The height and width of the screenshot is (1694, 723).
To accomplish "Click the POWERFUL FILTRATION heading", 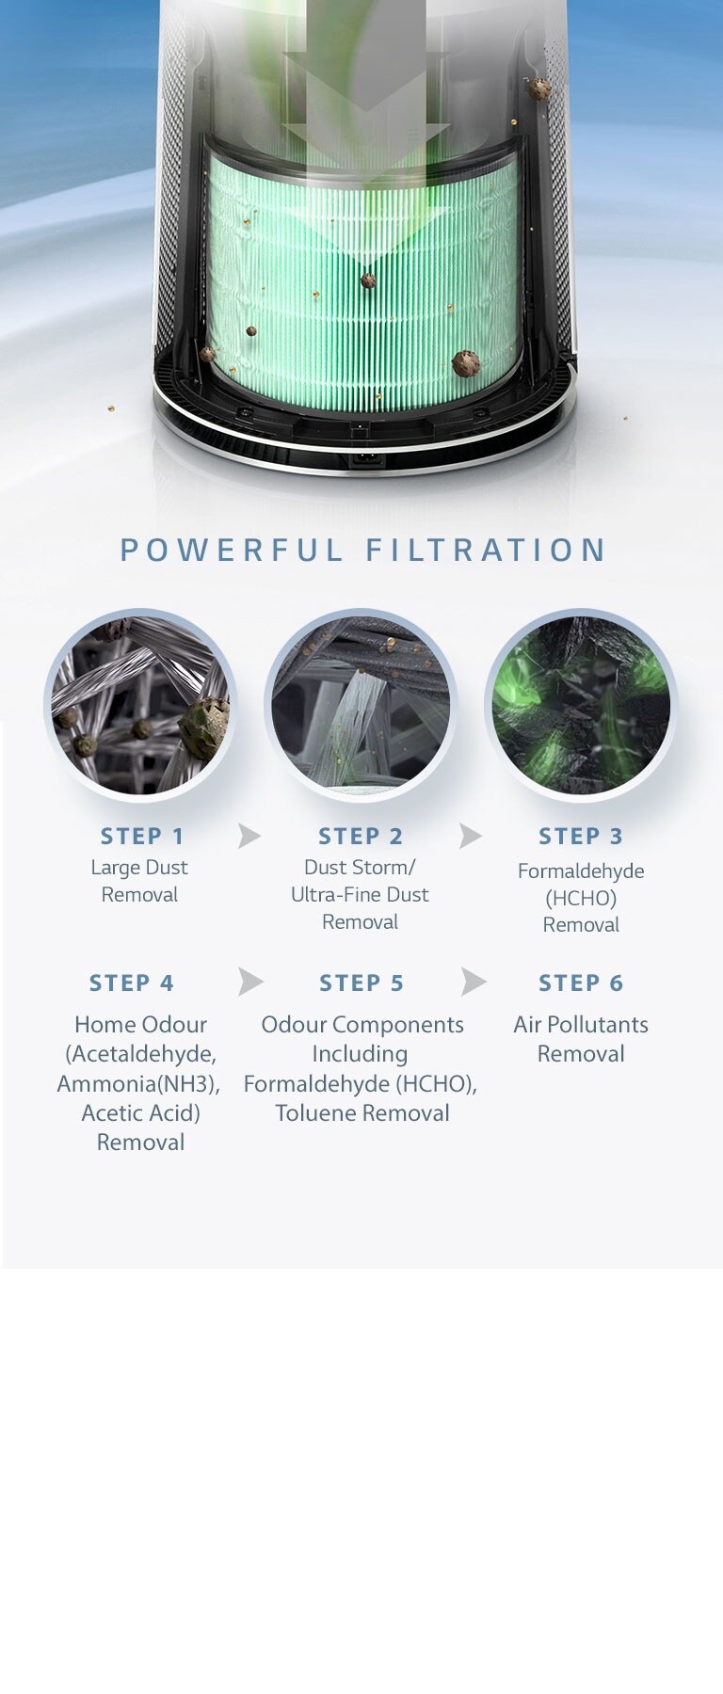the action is point(362,550).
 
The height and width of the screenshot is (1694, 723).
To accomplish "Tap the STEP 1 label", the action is point(142,836).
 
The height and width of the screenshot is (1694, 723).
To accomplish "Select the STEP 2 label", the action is point(361,836).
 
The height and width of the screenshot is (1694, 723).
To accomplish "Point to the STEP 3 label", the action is point(581,836).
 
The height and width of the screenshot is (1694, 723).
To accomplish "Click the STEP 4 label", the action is point(132,983).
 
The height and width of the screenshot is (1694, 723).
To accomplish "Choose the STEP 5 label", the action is point(361,983).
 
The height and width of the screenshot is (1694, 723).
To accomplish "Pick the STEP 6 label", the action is point(581,983).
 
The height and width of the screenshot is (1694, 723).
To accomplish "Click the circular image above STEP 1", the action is point(140,705).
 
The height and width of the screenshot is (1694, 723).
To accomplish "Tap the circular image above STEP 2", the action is point(361,705).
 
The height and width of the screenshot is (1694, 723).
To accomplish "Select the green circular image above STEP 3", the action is point(581,705).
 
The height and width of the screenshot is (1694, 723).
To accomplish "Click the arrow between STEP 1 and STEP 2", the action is point(249,836).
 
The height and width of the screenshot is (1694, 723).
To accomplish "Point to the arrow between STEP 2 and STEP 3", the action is point(470,836).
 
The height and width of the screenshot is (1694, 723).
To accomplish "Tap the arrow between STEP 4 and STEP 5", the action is point(249,982).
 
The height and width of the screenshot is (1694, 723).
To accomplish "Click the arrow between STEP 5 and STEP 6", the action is point(474,982).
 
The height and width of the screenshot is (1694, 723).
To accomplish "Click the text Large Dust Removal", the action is point(139,881).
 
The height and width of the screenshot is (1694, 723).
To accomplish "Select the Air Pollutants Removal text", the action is point(581,1039).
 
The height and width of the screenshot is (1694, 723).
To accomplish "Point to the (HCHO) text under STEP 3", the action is point(581,899).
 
